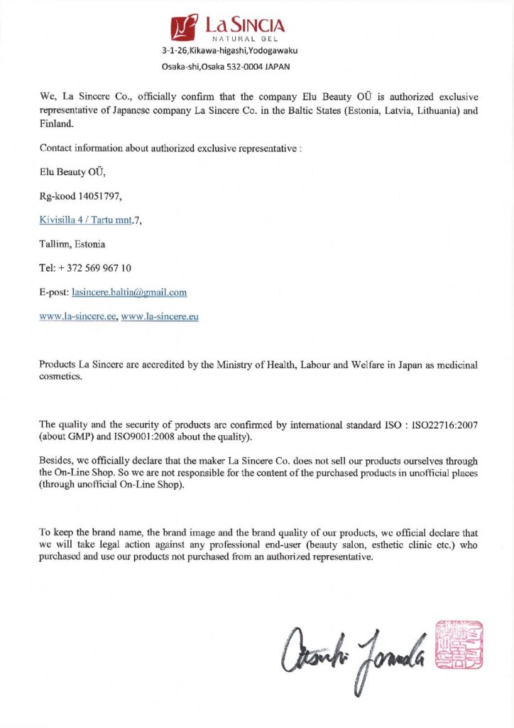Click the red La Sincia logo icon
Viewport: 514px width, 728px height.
pos(184,28)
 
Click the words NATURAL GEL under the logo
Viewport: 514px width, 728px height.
pos(244,38)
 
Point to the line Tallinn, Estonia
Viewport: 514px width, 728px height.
pos(72,244)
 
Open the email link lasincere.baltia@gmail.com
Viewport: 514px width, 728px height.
pos(129,292)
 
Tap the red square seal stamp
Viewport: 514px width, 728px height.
pos(459,644)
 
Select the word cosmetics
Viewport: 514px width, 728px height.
pos(61,377)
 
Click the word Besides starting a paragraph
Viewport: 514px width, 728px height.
pos(58,461)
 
